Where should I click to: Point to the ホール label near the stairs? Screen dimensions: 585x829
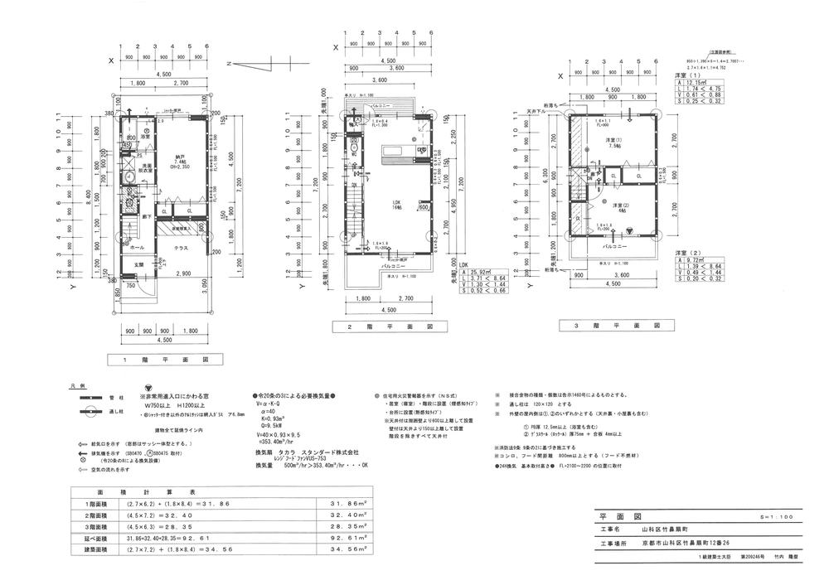[138, 247]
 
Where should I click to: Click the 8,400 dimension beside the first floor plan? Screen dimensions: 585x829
[90, 196]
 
